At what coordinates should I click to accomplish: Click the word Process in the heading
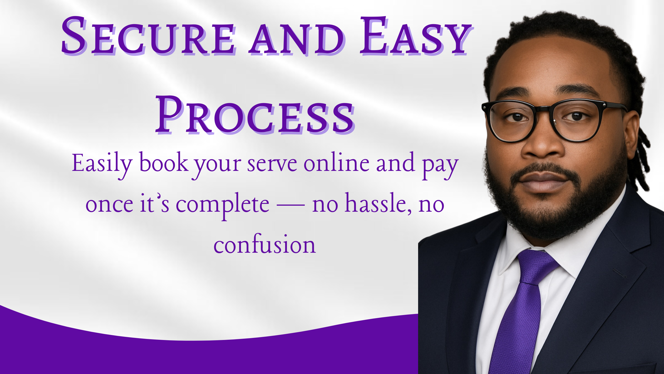255,114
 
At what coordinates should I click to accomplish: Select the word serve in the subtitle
272,164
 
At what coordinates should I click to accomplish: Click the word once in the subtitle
109,205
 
